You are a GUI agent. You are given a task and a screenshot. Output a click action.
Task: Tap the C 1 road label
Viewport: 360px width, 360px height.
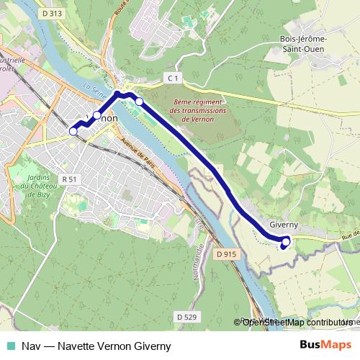pyautogui.click(x=171, y=77)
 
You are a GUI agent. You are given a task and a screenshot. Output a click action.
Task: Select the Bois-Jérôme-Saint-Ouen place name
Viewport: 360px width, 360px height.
pyautogui.click(x=302, y=44)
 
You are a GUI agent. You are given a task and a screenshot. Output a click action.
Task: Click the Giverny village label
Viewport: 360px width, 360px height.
pyautogui.click(x=283, y=225)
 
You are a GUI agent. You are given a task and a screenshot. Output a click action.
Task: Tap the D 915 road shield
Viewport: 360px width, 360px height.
pyautogui.click(x=226, y=254)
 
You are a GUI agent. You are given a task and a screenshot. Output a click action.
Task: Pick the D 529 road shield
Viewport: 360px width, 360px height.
pyautogui.click(x=186, y=316)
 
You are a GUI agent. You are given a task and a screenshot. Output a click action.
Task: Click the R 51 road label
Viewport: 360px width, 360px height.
pyautogui.click(x=70, y=178)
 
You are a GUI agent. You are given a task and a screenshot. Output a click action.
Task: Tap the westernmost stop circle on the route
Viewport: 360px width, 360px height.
pyautogui.click(x=73, y=131)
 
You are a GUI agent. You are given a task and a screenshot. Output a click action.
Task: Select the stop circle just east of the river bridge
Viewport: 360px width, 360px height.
pyautogui.click(x=139, y=102)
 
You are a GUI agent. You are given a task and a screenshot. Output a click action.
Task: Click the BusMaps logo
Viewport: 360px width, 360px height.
pyautogui.click(x=325, y=346)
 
